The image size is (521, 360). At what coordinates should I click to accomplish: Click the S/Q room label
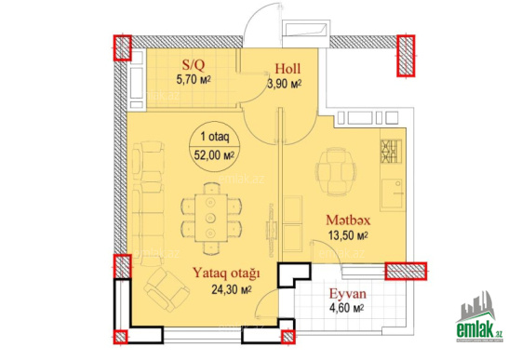[194, 65]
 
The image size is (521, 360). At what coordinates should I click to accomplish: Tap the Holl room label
[287, 69]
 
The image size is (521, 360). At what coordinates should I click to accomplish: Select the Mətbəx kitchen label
[348, 220]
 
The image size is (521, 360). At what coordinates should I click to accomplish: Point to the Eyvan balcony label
[348, 294]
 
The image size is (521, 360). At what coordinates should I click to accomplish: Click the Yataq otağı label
[226, 273]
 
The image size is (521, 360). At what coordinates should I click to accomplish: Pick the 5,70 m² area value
[194, 80]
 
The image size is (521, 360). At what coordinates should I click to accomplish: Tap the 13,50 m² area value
[348, 235]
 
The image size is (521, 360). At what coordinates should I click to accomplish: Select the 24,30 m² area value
[232, 289]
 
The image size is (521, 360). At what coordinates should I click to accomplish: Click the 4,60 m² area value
[347, 308]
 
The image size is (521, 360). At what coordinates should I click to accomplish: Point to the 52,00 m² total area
[214, 155]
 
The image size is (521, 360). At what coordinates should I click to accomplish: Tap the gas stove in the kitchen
[391, 152]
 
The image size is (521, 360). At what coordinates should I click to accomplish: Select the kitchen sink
[393, 195]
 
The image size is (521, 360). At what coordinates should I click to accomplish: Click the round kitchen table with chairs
[336, 172]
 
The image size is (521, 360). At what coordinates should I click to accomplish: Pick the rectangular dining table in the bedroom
[211, 218]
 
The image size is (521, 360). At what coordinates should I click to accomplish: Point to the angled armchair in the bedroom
[167, 289]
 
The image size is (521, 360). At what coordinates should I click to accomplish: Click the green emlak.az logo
[479, 318]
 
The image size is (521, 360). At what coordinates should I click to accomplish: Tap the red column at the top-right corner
[406, 56]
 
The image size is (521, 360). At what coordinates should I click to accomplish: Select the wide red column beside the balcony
[406, 271]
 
